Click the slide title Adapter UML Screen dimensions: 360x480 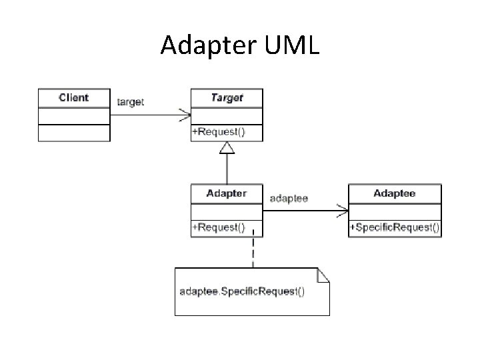(x=240, y=45)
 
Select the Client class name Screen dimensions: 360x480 (x=73, y=97)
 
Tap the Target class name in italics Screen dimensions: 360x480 (x=227, y=97)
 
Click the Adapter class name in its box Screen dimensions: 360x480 (x=227, y=193)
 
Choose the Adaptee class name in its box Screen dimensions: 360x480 (x=395, y=193)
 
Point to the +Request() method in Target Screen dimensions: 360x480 (x=219, y=132)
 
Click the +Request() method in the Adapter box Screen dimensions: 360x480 (x=219, y=227)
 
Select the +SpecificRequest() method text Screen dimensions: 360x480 (x=395, y=227)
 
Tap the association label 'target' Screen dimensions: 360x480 (x=131, y=102)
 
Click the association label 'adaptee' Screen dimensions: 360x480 (x=289, y=199)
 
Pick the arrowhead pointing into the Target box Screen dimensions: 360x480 (x=185, y=115)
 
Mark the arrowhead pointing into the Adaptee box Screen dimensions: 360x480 (x=343, y=211)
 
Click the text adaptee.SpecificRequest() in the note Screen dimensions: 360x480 (x=243, y=292)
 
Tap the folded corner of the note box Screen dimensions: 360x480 (x=324, y=273)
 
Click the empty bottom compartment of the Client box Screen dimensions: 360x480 (x=73, y=133)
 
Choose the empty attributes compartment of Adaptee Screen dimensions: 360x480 (x=395, y=211)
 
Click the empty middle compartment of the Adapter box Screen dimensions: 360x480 (x=227, y=211)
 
